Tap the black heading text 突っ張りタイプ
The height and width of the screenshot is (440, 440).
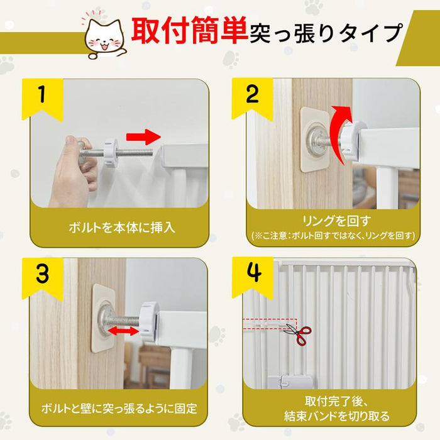pos(326,33)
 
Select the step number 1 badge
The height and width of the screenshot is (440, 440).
pos(42,99)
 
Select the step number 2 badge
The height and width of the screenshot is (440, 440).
pos(252,97)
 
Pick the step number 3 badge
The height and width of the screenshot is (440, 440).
pos(42,278)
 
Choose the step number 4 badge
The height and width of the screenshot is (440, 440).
pos(253,277)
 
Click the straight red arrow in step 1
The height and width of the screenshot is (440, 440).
pos(143,136)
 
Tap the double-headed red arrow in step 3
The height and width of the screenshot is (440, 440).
pos(123,331)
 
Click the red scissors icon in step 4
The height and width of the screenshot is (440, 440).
pos(298,334)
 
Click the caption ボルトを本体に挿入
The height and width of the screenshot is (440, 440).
pos(122,227)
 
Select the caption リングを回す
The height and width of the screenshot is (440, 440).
pos(336,221)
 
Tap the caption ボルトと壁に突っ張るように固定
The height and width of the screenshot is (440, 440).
pos(119,409)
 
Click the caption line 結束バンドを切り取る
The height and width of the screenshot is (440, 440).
pos(337,416)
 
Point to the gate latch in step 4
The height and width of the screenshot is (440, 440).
pos(290,381)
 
